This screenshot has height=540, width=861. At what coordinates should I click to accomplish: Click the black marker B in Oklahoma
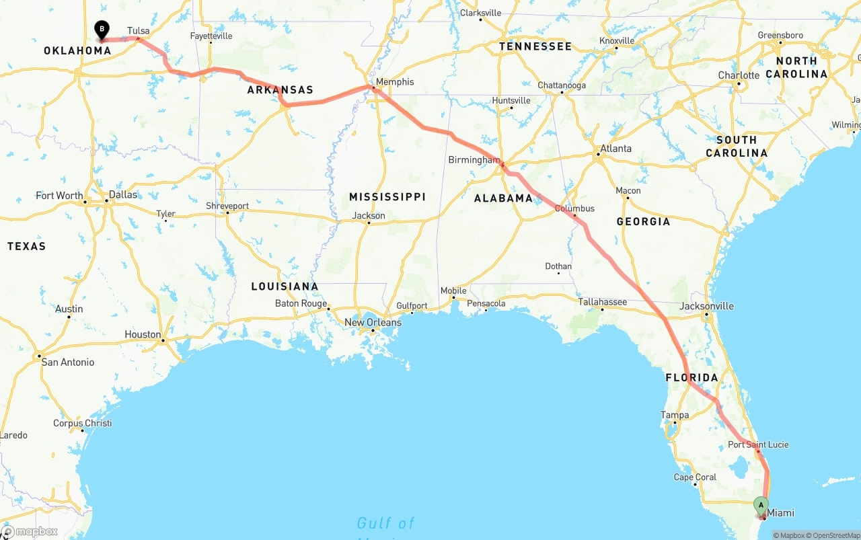(x=102, y=30)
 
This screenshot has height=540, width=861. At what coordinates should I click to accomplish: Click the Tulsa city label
(x=138, y=30)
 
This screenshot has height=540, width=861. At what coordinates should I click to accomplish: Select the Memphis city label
(x=395, y=82)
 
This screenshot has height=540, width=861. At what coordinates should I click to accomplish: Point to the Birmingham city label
(x=474, y=160)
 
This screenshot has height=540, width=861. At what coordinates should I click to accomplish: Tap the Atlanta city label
(x=615, y=149)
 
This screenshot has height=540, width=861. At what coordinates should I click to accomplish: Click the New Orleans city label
(x=373, y=323)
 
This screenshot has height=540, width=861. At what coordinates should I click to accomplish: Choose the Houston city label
(x=143, y=334)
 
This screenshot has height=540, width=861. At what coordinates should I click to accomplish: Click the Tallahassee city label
(x=603, y=302)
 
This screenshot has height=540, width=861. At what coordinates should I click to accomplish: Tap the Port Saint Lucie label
(x=758, y=445)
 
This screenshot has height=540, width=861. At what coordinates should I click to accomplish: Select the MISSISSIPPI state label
(x=387, y=197)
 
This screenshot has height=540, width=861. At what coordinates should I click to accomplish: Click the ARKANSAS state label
(x=280, y=90)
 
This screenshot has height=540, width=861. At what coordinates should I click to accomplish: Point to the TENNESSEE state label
(x=535, y=46)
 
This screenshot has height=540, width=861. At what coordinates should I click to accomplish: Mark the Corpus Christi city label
(x=83, y=424)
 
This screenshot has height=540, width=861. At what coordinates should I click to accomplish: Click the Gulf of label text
(x=385, y=523)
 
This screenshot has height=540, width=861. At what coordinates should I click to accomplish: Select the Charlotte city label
(x=739, y=75)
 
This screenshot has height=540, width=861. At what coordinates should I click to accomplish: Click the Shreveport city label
(x=227, y=206)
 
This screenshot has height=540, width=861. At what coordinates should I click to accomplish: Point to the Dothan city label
(x=558, y=266)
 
